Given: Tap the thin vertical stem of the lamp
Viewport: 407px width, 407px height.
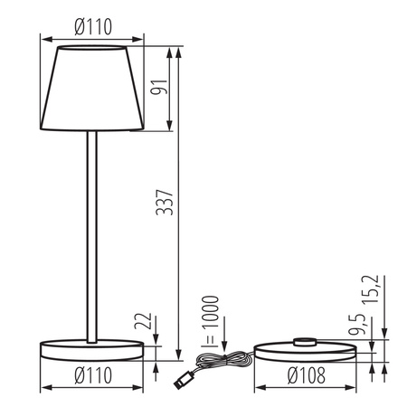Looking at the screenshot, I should (x=90, y=235).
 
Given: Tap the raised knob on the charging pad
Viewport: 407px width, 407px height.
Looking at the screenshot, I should (x=306, y=341).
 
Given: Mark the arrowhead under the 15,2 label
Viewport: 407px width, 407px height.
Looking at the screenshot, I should (x=383, y=334).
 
